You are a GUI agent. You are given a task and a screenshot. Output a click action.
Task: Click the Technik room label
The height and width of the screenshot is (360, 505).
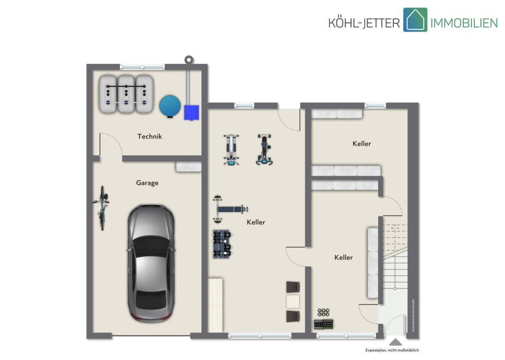(150, 136)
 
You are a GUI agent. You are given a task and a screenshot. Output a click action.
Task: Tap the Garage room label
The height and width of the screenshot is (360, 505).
(147, 183)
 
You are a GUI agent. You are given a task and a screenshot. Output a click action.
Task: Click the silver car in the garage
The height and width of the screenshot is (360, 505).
(151, 263)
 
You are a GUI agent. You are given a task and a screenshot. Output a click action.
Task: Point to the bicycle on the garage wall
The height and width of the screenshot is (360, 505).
(102, 208)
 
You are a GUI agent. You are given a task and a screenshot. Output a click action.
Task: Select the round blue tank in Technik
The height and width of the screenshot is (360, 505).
(170, 106)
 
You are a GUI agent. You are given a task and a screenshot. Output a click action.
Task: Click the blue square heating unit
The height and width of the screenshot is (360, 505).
(191, 112)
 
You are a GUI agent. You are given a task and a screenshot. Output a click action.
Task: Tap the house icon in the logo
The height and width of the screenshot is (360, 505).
(415, 20)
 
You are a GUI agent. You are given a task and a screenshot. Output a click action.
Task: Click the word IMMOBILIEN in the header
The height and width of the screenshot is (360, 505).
(464, 23)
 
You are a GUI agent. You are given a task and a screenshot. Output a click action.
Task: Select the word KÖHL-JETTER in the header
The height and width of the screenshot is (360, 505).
(364, 23)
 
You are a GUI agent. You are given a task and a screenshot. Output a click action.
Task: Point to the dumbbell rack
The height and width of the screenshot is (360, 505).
(222, 244)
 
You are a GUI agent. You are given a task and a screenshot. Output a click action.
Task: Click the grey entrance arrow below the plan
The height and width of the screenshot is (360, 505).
(395, 342)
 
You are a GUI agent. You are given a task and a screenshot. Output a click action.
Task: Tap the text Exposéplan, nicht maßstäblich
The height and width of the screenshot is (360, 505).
(392, 350)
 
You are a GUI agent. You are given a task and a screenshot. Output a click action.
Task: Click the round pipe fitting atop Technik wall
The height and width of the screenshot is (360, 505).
(189, 60)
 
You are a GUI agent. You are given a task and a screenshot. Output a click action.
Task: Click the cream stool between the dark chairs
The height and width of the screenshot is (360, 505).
(292, 301)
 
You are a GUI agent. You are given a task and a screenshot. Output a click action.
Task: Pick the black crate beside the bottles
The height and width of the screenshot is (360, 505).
(324, 324)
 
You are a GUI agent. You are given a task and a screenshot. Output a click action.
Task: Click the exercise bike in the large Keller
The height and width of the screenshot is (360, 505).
(264, 149)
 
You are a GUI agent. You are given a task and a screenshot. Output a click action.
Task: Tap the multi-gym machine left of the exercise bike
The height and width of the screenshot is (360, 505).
(231, 150)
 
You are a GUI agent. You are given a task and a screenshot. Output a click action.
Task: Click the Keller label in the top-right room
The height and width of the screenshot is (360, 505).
(361, 144)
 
